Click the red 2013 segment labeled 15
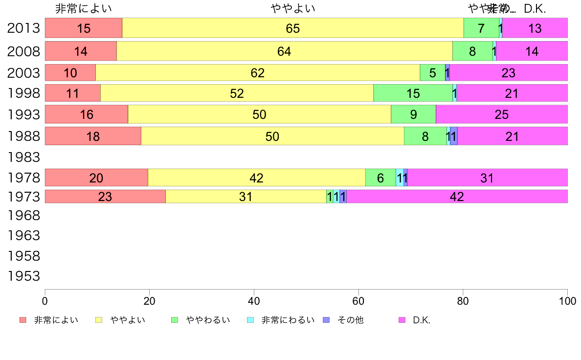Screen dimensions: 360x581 point(84,28)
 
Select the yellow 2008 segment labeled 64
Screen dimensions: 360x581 point(284,51)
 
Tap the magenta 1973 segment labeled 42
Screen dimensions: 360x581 point(457,197)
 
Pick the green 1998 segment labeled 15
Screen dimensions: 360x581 point(413,93)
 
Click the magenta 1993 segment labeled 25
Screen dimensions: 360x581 point(501,114)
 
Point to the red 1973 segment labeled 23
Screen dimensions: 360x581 point(105,197)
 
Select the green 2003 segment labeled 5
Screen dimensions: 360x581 point(432,73)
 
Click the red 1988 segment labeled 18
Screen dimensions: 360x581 point(93,136)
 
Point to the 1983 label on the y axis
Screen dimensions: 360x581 point(23,157)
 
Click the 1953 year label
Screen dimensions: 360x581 point(23,276)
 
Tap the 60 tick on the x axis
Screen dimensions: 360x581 point(358,301)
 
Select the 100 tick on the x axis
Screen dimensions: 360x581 point(567,301)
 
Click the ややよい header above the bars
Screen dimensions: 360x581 point(292,8)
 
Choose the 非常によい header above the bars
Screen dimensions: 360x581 point(84,8)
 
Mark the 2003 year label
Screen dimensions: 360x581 point(23,73)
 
